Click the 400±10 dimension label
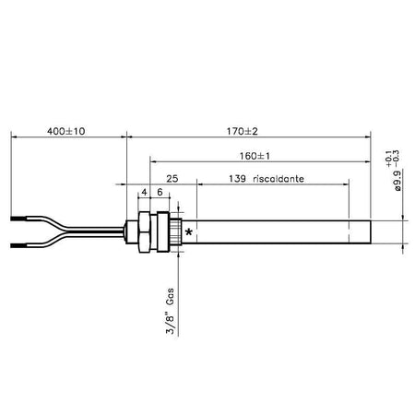point(66,131)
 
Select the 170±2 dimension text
point(243,131)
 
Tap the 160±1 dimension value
point(255,156)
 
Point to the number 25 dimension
point(172,179)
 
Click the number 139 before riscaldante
point(237,179)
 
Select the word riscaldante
point(279,179)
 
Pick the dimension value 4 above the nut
point(144,193)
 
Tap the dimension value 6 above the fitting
point(160,192)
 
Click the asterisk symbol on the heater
point(189,232)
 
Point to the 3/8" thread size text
point(170,324)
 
